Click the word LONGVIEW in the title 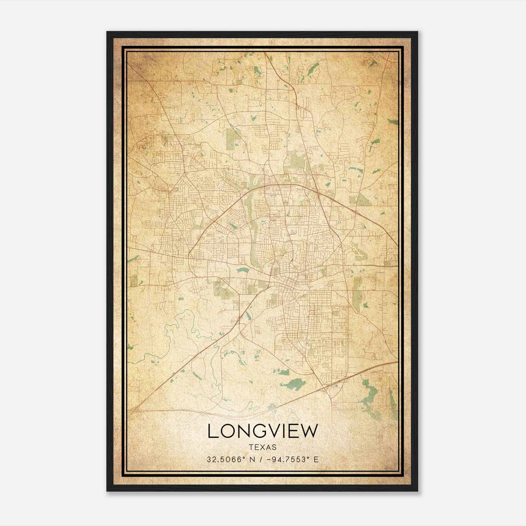263,431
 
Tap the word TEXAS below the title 263,447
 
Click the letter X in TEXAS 263,447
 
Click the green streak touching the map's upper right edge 393,122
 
